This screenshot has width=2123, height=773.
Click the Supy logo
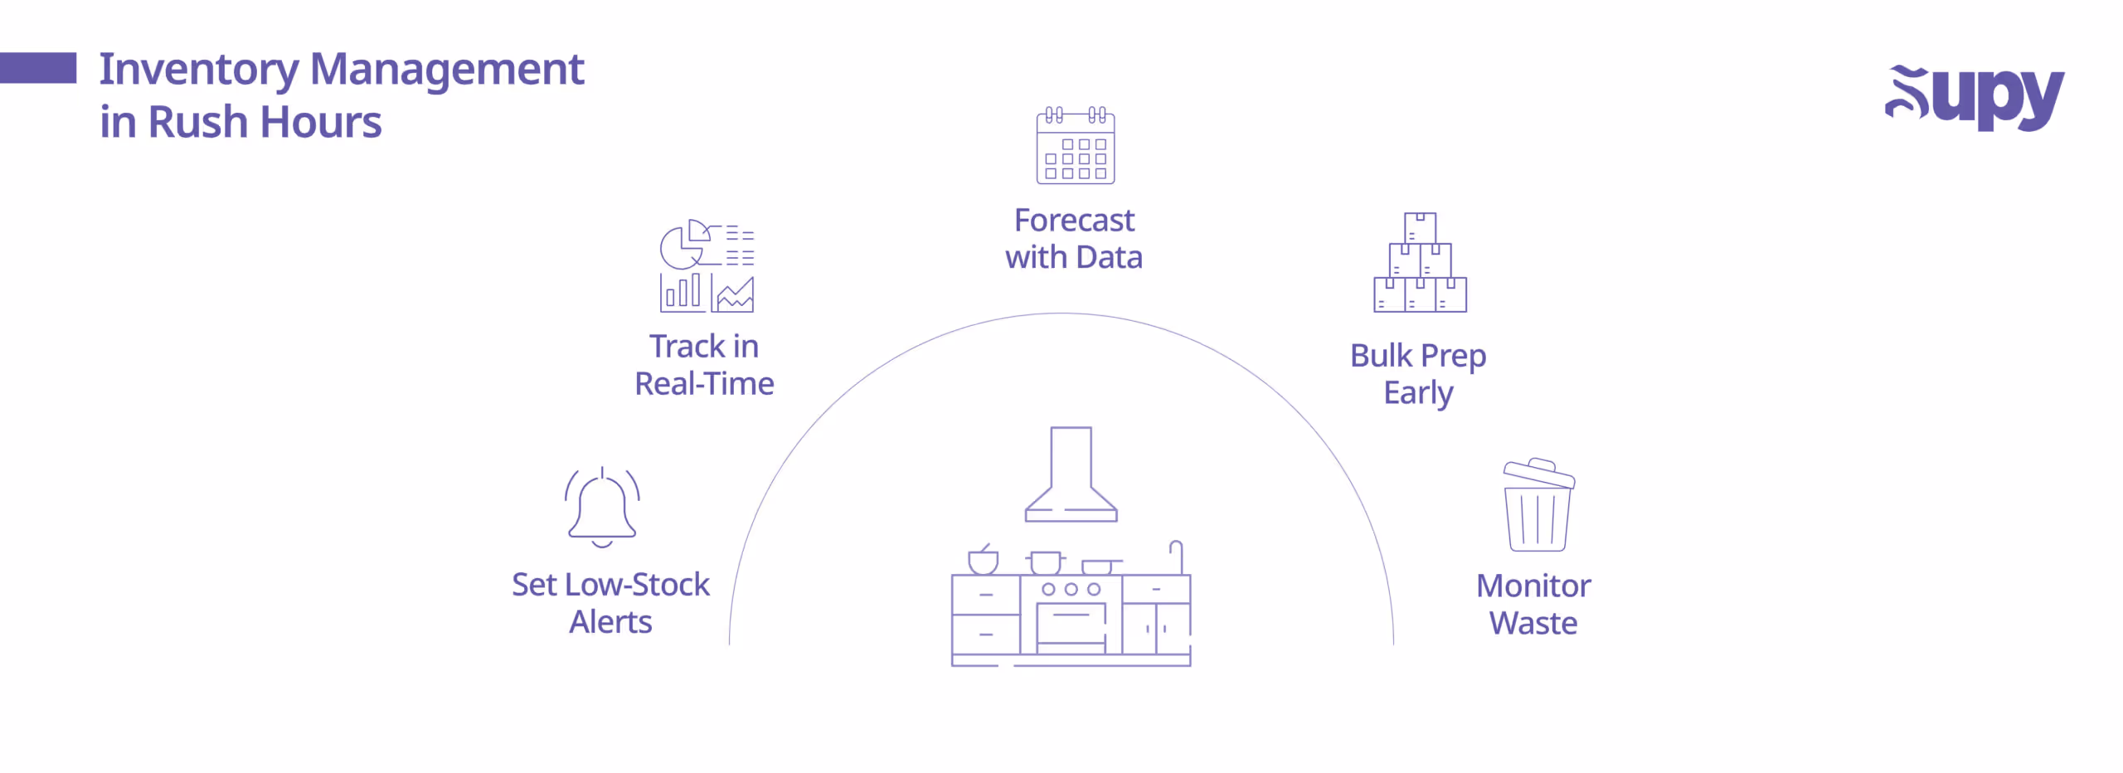click(x=1974, y=97)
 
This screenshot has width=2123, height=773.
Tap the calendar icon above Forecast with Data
click(x=1075, y=146)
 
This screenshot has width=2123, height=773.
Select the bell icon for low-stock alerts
click(x=602, y=507)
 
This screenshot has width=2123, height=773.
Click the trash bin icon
click(x=1538, y=505)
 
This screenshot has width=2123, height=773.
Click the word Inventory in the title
click(x=198, y=70)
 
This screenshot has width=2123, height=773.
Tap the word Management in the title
click(x=447, y=70)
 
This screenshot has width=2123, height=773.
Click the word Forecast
click(x=1074, y=221)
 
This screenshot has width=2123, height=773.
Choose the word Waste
click(x=1533, y=624)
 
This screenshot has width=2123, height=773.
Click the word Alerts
click(x=610, y=622)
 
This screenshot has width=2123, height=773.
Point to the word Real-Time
click(x=704, y=384)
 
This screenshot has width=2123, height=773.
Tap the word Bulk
click(x=1381, y=356)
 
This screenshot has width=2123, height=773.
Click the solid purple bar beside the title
click(x=38, y=68)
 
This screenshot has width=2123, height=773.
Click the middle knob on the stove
click(x=1071, y=589)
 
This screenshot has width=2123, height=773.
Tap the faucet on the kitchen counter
click(x=1177, y=557)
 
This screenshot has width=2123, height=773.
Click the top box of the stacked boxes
click(x=1420, y=228)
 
